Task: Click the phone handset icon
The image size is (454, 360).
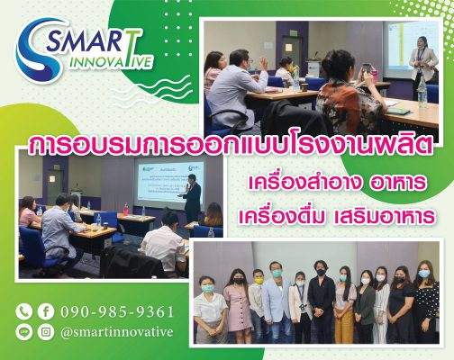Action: coord(24,311)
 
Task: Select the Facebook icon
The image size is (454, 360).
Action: coord(46,311)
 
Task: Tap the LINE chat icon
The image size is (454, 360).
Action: coord(24,332)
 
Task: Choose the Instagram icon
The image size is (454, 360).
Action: coord(46,332)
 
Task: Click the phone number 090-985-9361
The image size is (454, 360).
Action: coord(117,312)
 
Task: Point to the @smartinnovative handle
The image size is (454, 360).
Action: coord(117,332)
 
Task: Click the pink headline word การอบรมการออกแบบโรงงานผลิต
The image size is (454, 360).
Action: coord(231,146)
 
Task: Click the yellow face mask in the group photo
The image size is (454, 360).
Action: coord(259,281)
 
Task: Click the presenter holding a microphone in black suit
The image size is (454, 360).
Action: coord(192,199)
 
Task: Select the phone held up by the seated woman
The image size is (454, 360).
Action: coord(367,70)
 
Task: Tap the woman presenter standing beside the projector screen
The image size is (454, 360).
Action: coord(422,65)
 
